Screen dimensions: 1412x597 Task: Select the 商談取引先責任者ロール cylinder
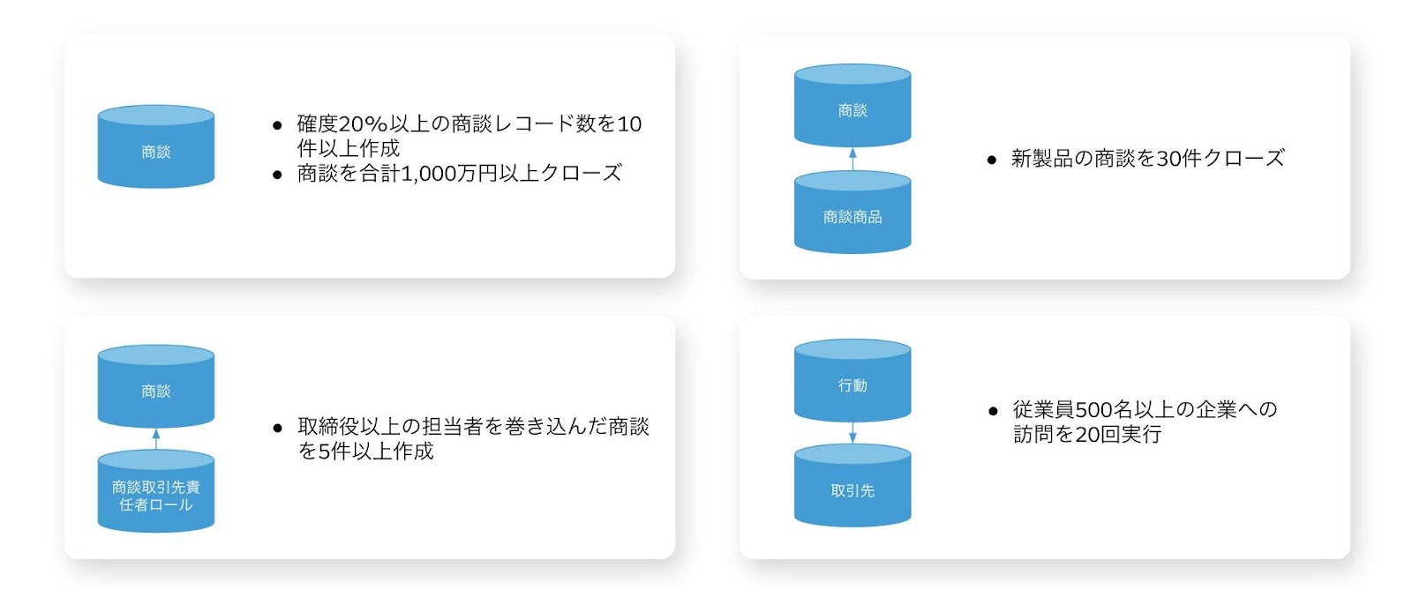click(155, 495)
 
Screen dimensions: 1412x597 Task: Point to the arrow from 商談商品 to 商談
click(852, 160)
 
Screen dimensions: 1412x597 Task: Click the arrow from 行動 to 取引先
click(852, 432)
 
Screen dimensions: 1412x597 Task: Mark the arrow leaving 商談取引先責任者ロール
click(156, 439)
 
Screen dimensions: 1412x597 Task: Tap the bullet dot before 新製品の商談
click(992, 160)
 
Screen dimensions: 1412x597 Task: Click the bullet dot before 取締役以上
click(278, 429)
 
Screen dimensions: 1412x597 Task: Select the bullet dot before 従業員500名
click(993, 411)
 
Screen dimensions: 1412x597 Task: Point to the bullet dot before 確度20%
click(278, 126)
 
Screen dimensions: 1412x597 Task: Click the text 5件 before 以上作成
click(329, 451)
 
